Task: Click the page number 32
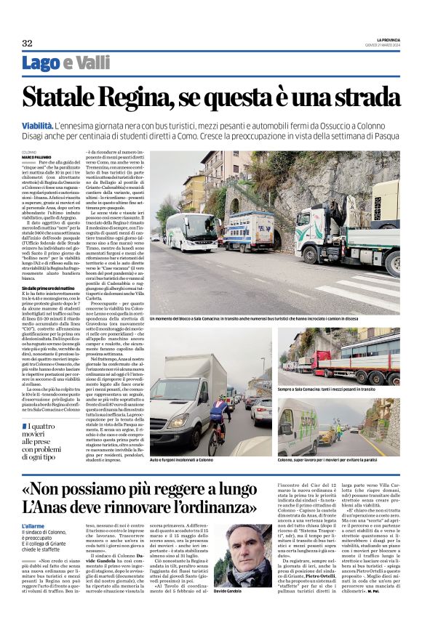tap(27, 44)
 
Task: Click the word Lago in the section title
tap(41, 64)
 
